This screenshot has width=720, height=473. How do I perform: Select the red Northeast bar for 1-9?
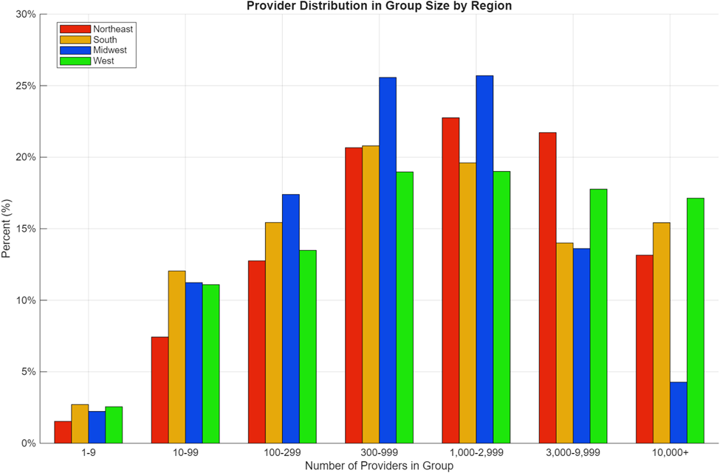click(x=63, y=432)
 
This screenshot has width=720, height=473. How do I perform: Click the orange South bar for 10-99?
click(x=176, y=357)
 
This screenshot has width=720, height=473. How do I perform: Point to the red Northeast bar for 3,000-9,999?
click(x=547, y=288)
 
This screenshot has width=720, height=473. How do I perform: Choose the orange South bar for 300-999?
click(x=371, y=294)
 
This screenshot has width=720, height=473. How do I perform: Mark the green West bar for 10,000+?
click(x=695, y=320)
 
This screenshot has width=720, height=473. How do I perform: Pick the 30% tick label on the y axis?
click(x=27, y=14)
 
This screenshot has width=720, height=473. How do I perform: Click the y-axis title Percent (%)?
click(x=7, y=228)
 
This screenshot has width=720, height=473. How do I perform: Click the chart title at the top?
click(x=379, y=6)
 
